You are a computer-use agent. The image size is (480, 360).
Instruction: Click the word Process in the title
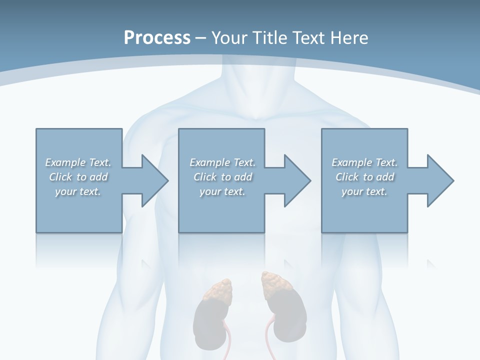[157, 37]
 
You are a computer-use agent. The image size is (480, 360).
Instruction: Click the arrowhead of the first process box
[155, 180]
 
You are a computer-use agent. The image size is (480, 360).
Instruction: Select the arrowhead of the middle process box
[297, 180]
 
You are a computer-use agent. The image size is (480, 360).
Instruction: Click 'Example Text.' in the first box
[78, 162]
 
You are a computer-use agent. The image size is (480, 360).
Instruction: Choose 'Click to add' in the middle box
[222, 177]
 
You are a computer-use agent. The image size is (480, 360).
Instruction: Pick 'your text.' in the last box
[364, 191]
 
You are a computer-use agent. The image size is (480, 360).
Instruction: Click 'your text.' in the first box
[78, 191]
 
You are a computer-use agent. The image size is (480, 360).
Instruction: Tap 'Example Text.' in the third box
[364, 162]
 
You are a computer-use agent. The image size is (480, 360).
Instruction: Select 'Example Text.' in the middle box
[222, 162]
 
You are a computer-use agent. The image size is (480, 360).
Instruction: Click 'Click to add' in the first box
[78, 177]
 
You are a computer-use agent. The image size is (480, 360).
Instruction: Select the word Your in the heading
[229, 37]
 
